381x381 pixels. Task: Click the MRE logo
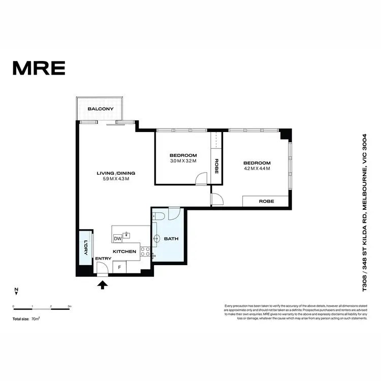coord(39,68)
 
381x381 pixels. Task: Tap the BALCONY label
coord(100,109)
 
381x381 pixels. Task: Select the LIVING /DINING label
coord(116,173)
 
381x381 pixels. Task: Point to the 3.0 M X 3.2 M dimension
coord(183,161)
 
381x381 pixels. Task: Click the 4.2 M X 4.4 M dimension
coord(257,168)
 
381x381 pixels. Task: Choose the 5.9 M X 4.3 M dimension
coord(116,179)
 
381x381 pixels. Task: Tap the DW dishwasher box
coord(117,238)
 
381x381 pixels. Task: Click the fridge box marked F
coord(119,266)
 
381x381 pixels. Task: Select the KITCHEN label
coord(124,251)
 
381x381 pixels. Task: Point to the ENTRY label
coord(103,259)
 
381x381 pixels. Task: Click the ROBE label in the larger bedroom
coord(266,201)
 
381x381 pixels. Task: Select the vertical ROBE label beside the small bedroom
coord(216,166)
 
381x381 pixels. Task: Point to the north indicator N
coord(16,291)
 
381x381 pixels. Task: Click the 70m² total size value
coord(36,319)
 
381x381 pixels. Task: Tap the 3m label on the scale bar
coord(70,307)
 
